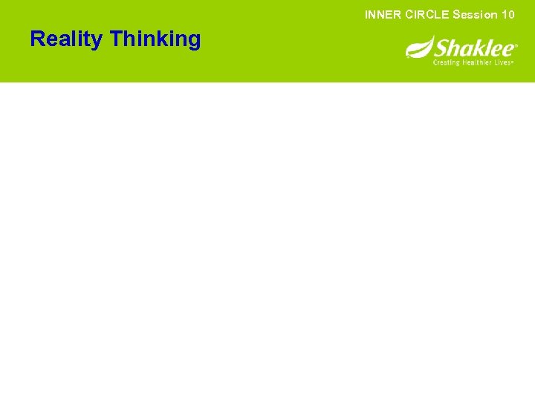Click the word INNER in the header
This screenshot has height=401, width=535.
click(x=383, y=14)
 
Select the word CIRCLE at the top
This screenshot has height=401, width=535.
click(x=427, y=14)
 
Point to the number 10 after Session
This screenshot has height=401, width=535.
click(x=508, y=14)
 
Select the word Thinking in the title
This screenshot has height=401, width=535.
click(x=155, y=39)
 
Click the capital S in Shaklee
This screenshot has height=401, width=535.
click(x=441, y=48)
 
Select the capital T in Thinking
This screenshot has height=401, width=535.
click(x=116, y=39)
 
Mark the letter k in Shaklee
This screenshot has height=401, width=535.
click(x=476, y=49)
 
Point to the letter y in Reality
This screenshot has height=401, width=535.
click(x=99, y=41)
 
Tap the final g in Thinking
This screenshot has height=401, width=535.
click(x=194, y=41)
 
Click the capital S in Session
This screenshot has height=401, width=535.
click(x=456, y=14)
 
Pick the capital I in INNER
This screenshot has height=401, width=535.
click(x=366, y=14)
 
